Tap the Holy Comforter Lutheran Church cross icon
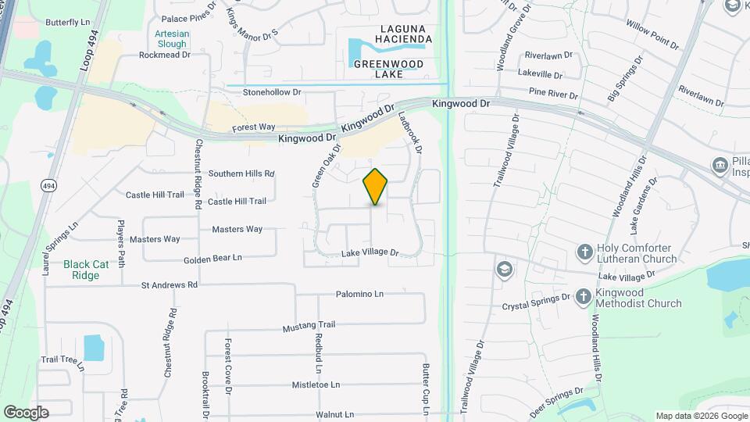(584, 252)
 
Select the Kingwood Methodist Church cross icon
(584, 296)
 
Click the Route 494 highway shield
(49, 185)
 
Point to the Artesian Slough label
(171, 39)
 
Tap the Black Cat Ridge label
(86, 270)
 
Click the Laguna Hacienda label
(395, 34)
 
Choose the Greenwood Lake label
(387, 69)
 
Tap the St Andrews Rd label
(170, 285)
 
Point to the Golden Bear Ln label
(213, 258)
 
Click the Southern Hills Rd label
(241, 173)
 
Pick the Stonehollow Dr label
(271, 92)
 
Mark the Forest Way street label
(254, 127)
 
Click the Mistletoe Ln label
(316, 384)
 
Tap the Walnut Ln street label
(334, 414)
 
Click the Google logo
(26, 413)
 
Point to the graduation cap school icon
(504, 270)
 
